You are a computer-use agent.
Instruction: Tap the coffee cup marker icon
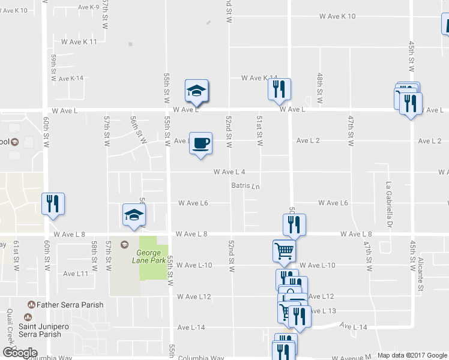200,143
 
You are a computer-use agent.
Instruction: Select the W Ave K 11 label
79,42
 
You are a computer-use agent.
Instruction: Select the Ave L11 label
76,274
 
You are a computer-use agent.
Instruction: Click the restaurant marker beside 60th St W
53,203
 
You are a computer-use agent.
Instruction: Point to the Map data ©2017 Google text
412,355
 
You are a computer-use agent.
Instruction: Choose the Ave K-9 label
88,7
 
